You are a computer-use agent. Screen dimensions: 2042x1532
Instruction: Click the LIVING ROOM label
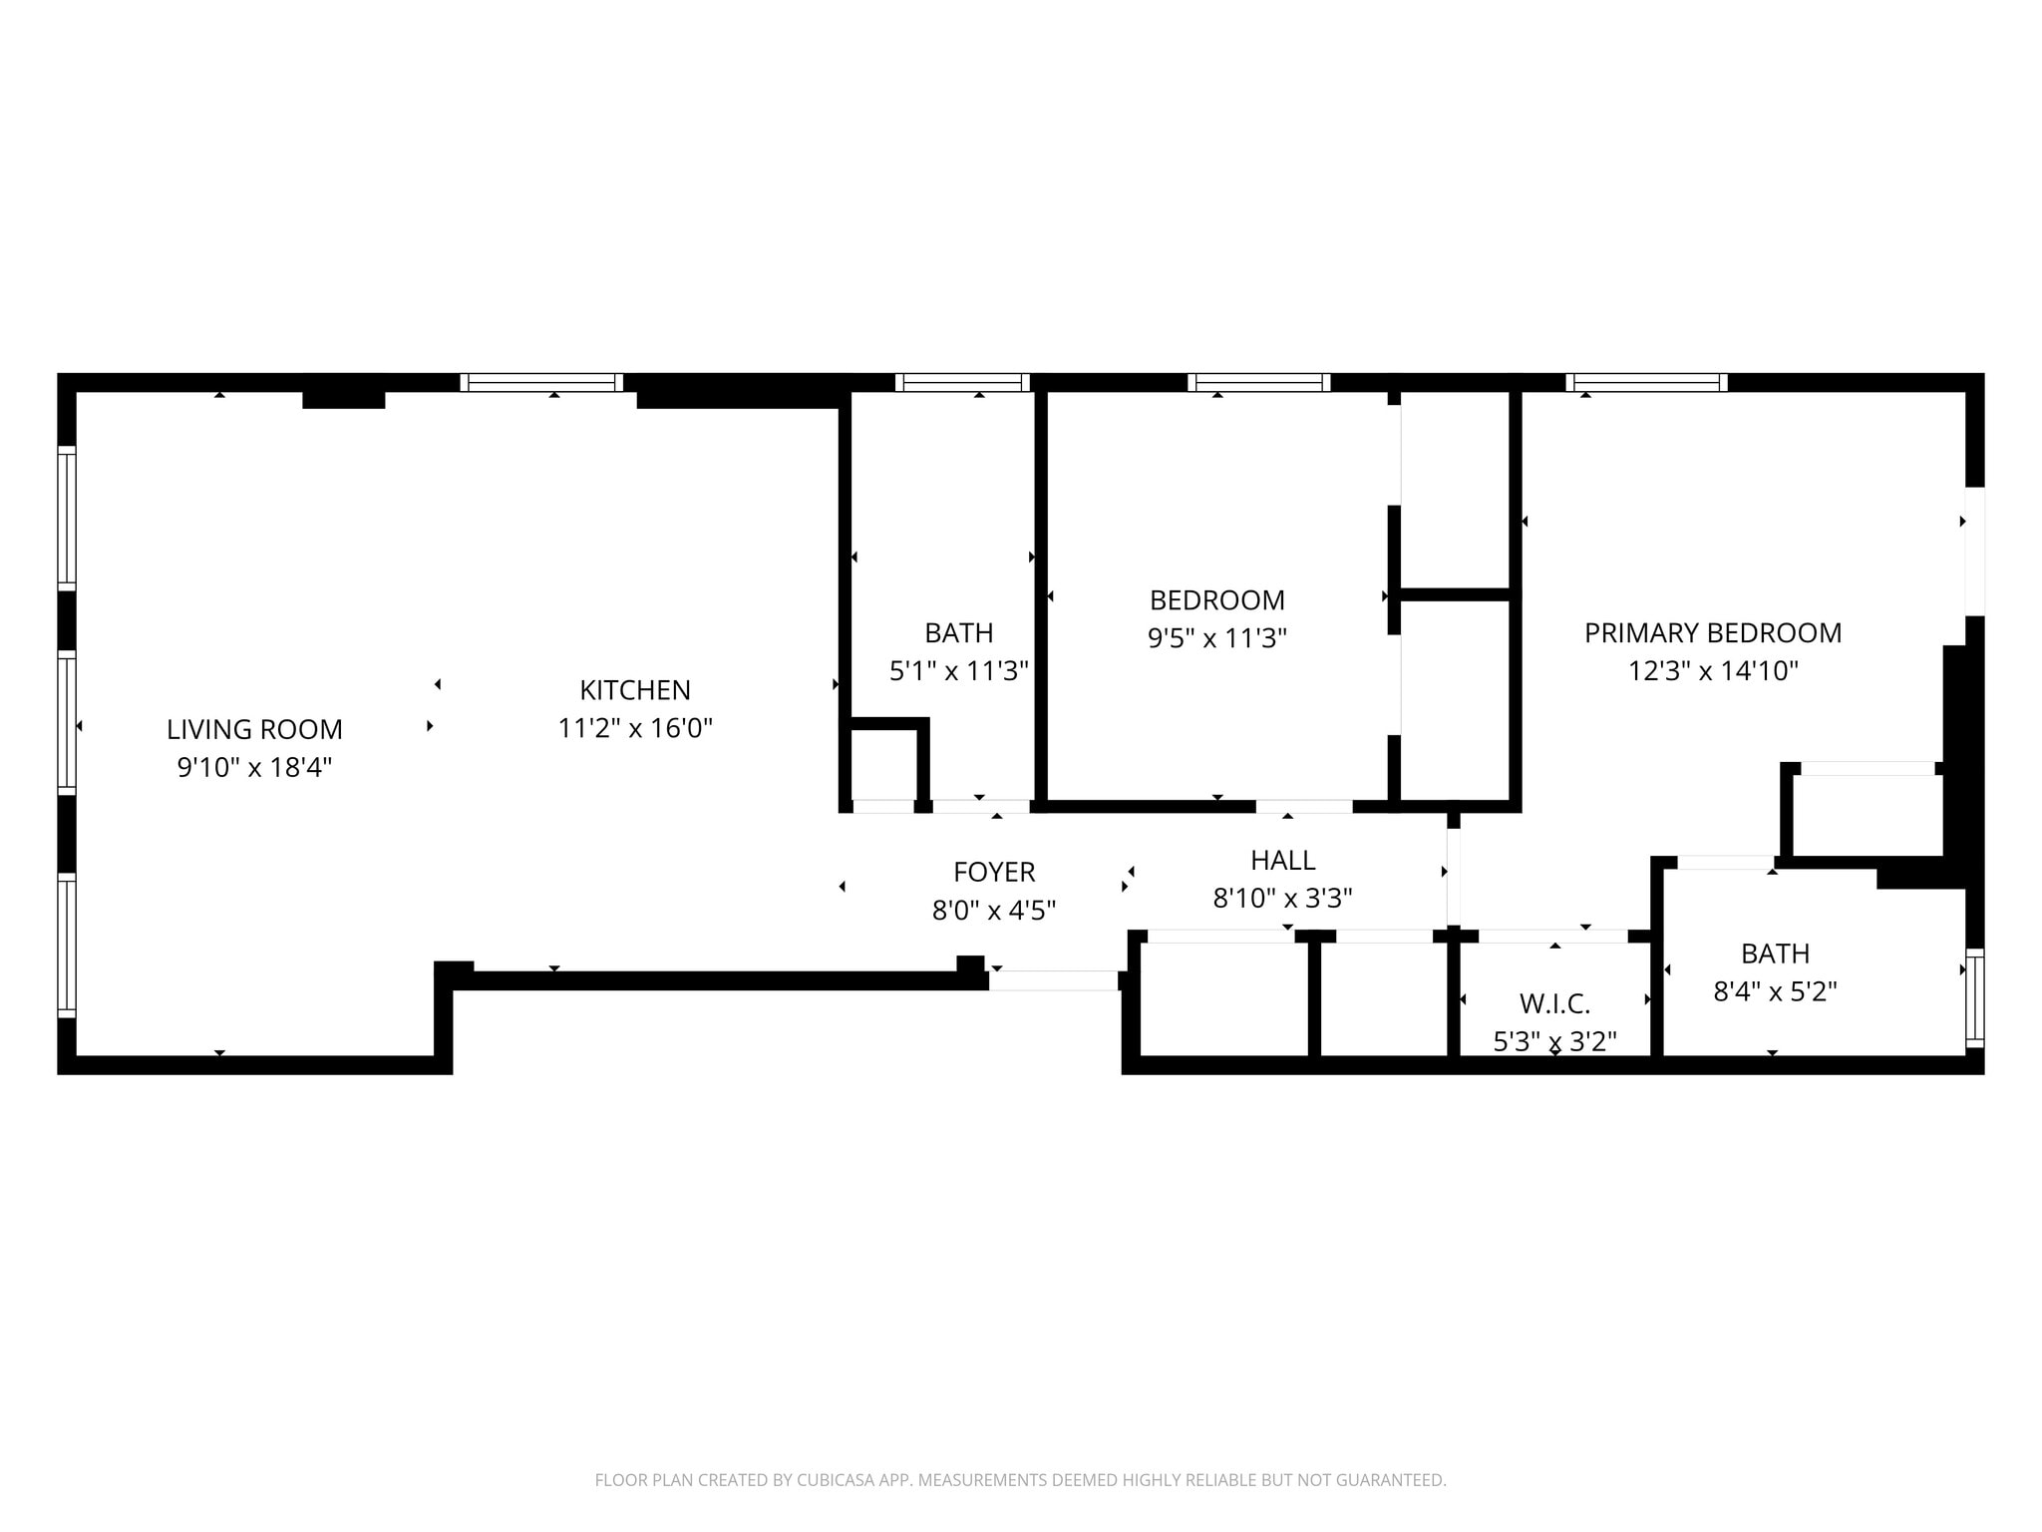pos(254,729)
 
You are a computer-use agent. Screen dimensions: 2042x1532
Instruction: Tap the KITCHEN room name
pos(635,690)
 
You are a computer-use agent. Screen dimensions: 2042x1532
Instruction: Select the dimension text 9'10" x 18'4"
pos(254,767)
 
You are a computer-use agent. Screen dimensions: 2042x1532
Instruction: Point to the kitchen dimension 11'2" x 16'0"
pos(635,728)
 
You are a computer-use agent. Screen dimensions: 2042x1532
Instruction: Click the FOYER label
pos(994,872)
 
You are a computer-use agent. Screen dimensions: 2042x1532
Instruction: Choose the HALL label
pos(1283,860)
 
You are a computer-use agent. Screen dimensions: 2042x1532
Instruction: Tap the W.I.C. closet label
pos(1554,1003)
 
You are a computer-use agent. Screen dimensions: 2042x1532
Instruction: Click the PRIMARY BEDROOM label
pos(1713,632)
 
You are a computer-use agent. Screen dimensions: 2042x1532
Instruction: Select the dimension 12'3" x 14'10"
pos(1713,670)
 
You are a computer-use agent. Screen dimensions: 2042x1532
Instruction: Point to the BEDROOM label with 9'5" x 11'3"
pos(1217,600)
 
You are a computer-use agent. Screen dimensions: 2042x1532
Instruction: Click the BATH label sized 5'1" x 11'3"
pos(959,633)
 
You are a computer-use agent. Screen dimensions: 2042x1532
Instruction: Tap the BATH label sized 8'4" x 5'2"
pos(1775,954)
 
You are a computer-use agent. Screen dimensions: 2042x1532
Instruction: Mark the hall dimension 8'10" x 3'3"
pos(1283,899)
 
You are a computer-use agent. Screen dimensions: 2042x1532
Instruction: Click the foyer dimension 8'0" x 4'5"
pos(994,910)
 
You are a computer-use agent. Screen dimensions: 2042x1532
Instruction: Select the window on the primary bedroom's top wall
pos(1647,382)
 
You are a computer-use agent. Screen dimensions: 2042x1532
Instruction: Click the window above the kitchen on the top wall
pos(541,382)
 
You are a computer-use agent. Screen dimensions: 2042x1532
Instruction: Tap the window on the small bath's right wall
pos(1974,997)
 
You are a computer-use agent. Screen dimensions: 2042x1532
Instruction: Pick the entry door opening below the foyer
pos(1053,980)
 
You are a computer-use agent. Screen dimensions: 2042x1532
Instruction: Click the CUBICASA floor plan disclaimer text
pos(1020,1480)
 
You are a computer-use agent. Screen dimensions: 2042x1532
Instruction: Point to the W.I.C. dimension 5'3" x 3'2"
pos(1554,1041)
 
